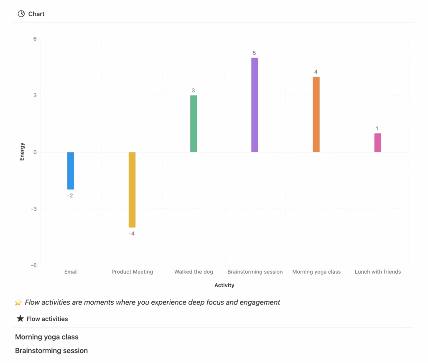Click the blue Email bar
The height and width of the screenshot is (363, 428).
tap(71, 171)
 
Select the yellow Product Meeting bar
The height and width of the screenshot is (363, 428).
tap(132, 189)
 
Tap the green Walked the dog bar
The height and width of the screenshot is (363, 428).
tap(194, 124)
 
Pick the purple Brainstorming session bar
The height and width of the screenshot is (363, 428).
tap(255, 105)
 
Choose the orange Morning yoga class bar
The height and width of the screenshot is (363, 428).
tap(316, 114)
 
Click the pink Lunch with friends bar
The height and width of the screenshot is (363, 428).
tap(377, 143)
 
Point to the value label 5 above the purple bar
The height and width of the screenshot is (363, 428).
tap(254, 53)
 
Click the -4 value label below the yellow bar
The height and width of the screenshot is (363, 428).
tap(132, 234)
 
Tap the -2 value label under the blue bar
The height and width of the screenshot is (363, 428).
tap(70, 195)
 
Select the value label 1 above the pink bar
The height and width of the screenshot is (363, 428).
tap(377, 129)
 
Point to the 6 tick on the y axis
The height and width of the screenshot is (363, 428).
tap(35, 39)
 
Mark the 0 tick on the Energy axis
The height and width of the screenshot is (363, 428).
tap(35, 152)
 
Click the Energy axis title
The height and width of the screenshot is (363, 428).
tap(22, 152)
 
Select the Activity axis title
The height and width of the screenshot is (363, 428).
tap(224, 285)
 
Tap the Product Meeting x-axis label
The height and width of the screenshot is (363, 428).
tap(132, 272)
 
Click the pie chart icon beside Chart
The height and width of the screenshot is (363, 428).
tap(21, 14)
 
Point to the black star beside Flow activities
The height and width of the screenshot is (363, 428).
tap(20, 319)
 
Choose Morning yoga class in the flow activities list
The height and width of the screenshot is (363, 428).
tap(47, 337)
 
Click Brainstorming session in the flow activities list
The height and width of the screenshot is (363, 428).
tap(51, 350)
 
